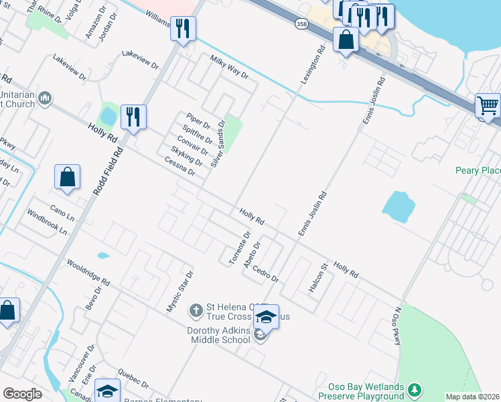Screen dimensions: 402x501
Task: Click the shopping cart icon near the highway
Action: point(488,106)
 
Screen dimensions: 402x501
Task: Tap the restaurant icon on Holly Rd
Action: point(133,117)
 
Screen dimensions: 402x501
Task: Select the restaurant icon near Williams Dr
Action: point(183,28)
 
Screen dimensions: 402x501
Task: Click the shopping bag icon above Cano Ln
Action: point(68,177)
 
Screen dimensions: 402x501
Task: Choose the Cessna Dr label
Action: point(179,166)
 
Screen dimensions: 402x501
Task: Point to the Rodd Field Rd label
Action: point(109,172)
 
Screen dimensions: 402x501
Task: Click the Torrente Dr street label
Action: point(238,249)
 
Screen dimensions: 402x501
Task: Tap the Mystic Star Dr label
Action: point(180,291)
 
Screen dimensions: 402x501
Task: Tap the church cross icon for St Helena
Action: point(196,310)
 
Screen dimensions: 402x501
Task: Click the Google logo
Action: point(22,394)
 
